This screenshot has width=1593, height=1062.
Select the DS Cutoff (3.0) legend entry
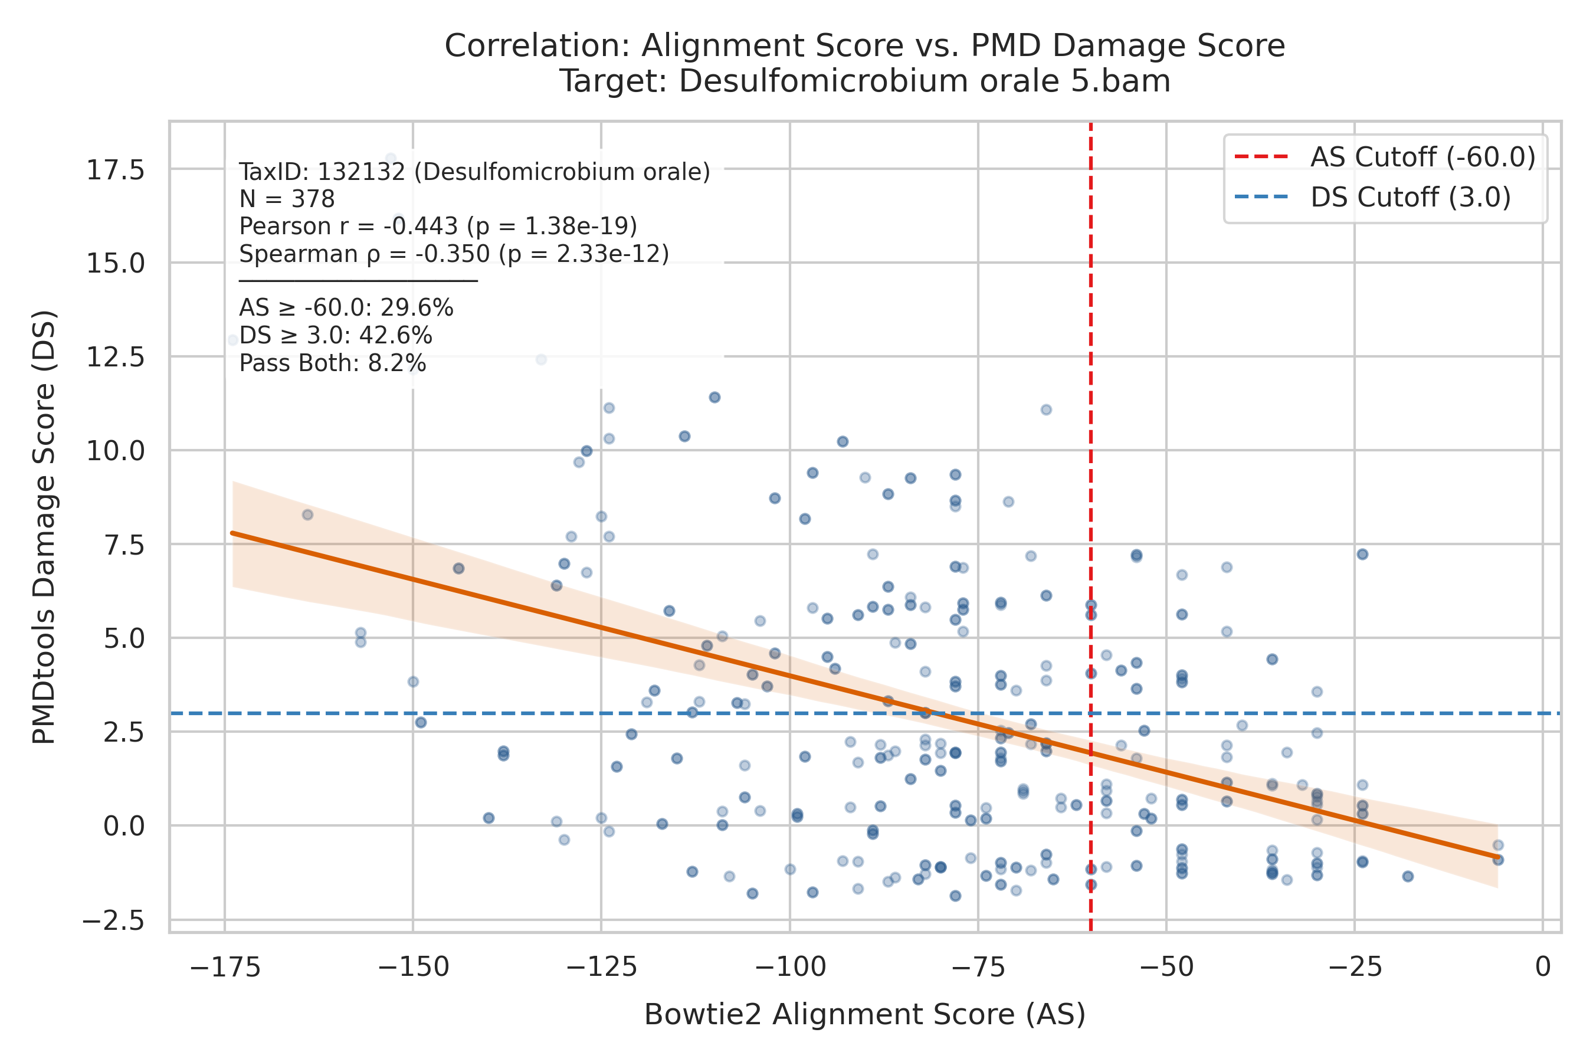1372,198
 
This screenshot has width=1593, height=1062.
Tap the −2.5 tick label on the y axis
113,921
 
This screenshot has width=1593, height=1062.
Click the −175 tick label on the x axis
225,968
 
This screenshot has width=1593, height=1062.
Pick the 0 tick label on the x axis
1543,968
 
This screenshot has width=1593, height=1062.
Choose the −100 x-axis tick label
790,968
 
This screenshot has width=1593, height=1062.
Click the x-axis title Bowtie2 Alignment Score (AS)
865,1015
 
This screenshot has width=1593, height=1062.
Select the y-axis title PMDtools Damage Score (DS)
44,527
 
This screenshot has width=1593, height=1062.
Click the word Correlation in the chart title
537,46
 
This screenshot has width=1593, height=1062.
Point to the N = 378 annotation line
287,199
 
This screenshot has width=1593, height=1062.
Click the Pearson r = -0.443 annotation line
438,226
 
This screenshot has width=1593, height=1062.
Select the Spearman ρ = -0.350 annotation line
454,254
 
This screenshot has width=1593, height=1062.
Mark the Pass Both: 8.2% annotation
333,363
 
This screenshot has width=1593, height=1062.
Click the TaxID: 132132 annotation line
475,172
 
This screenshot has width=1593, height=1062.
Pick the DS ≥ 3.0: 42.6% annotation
335,336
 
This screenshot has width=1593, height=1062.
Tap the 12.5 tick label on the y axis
115,357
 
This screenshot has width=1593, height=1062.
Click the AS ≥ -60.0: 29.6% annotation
346,308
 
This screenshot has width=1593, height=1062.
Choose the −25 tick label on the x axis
1355,968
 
